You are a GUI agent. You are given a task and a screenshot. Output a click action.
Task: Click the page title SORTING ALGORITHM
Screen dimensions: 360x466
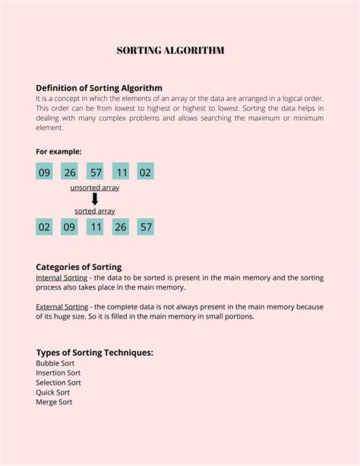170,51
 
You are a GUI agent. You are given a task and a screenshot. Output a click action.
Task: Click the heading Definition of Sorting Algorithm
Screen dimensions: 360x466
99,88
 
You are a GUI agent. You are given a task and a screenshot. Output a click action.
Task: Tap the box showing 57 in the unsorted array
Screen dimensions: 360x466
95,172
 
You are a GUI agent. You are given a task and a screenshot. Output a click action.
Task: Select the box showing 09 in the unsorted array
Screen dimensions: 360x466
44,172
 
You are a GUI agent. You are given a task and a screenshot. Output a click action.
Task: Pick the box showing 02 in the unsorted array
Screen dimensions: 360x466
145,172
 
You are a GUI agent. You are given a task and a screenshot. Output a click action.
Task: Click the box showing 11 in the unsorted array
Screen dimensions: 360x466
121,172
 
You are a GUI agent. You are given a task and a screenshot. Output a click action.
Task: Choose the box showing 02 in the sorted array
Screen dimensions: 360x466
44,227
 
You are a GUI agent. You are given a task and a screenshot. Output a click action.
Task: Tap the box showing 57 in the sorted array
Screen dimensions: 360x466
145,227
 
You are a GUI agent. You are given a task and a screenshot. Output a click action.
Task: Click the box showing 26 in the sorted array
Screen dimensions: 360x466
121,227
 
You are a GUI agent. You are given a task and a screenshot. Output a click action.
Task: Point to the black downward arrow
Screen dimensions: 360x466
95,198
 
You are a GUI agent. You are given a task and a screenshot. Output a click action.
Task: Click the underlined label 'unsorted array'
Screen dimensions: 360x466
95,187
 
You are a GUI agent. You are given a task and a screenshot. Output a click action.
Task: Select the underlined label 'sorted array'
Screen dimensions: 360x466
95,211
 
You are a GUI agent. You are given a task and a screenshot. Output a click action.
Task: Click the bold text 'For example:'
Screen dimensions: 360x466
58,151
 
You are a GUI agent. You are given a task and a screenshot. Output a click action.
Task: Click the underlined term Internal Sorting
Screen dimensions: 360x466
62,278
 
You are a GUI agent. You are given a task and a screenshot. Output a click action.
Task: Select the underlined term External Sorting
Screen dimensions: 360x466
62,307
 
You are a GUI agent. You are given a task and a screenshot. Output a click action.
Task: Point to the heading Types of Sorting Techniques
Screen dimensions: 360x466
95,353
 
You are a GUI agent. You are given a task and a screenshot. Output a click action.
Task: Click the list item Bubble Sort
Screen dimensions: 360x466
55,363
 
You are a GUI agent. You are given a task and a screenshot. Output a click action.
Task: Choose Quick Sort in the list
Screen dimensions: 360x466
52,392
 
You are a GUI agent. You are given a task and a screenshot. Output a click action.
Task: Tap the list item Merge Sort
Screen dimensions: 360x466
54,402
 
